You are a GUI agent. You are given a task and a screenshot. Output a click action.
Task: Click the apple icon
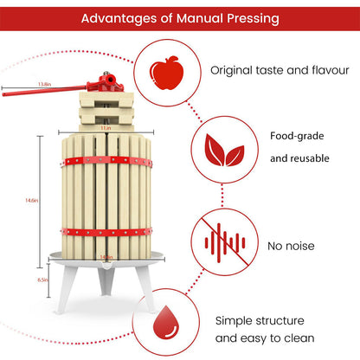point(163,71)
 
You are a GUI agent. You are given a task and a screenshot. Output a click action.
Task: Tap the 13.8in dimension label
point(45,83)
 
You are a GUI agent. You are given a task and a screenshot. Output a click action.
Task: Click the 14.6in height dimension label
point(31,199)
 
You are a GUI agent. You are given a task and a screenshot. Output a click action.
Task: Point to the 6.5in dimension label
point(31,281)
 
